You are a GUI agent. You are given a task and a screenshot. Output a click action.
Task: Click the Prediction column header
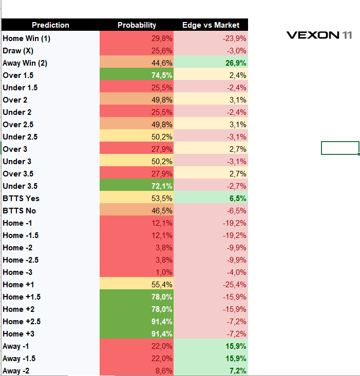(50, 25)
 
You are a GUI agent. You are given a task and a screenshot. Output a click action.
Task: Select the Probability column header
(137, 25)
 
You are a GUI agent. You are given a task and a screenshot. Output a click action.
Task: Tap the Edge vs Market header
(211, 25)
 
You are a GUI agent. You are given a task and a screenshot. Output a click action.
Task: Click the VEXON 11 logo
(319, 35)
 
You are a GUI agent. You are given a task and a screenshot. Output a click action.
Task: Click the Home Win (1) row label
(26, 38)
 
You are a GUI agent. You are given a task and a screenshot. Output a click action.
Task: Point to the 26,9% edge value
(236, 63)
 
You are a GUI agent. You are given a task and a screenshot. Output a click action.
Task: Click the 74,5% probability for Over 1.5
(162, 75)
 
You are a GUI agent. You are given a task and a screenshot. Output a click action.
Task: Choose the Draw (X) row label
(18, 51)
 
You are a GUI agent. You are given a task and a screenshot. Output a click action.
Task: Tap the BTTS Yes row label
(21, 199)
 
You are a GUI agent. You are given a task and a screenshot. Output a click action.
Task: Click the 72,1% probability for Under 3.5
(162, 186)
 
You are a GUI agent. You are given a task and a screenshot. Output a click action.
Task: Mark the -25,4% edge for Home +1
(235, 285)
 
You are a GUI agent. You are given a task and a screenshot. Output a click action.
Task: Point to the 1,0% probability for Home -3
(164, 272)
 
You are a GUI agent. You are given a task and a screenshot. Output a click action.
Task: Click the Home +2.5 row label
(22, 322)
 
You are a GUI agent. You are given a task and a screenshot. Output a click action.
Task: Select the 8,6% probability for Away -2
(164, 371)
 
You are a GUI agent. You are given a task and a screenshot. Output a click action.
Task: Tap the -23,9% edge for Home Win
(235, 38)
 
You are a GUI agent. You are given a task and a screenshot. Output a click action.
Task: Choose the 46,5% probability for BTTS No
(162, 211)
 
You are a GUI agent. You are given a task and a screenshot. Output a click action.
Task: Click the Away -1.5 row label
(19, 359)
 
